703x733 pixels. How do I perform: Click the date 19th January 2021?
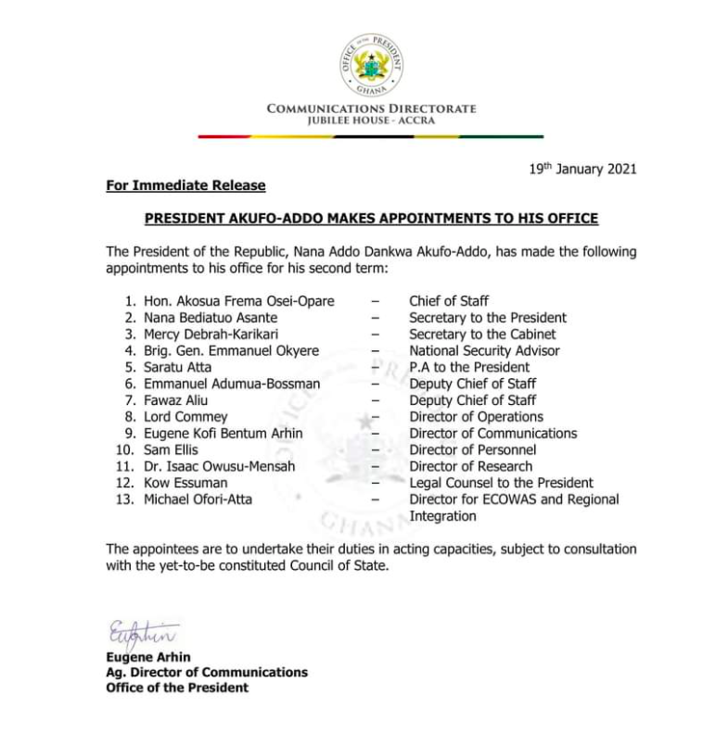click(582, 170)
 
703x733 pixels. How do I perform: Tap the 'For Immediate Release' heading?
click(185, 186)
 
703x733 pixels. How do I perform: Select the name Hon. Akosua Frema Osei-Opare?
click(238, 301)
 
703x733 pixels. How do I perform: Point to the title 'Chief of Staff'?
click(449, 301)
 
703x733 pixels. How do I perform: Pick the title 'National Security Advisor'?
click(484, 351)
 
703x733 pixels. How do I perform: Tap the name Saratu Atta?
click(177, 368)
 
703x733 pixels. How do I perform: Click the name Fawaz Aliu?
click(175, 400)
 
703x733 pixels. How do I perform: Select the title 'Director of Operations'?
click(476, 417)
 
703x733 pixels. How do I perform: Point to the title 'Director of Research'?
click(470, 466)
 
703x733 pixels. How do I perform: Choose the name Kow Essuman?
click(185, 483)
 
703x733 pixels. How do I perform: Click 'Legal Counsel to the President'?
click(501, 483)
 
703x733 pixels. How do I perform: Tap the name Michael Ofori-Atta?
click(198, 499)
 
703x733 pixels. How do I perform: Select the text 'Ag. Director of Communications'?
click(207, 672)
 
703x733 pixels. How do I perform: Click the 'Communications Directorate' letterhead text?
click(371, 108)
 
